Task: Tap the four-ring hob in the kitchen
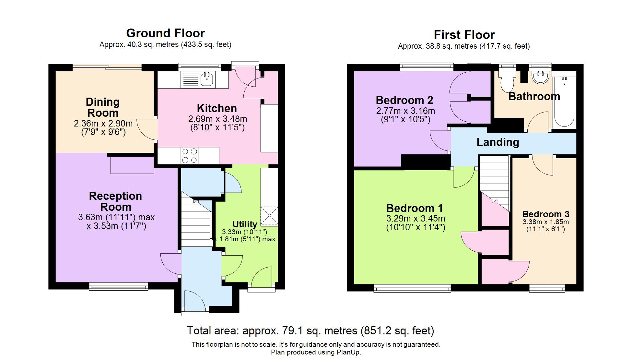pyautogui.click(x=190, y=156)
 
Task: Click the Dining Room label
pyautogui.click(x=103, y=107)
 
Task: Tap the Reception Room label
pyautogui.click(x=116, y=201)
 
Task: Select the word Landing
pyautogui.click(x=498, y=142)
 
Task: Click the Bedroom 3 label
pyautogui.click(x=546, y=214)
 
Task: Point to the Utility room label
pyautogui.click(x=245, y=224)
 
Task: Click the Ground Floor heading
pyautogui.click(x=165, y=33)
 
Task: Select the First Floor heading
pyautogui.click(x=464, y=35)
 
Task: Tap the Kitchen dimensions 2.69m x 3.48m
pyautogui.click(x=218, y=119)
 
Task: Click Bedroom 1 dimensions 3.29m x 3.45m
pyautogui.click(x=416, y=219)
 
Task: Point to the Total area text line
pyautogui.click(x=310, y=330)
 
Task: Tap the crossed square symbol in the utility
pyautogui.click(x=269, y=215)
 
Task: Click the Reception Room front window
pyautogui.click(x=119, y=286)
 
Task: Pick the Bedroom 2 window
pyautogui.click(x=427, y=67)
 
